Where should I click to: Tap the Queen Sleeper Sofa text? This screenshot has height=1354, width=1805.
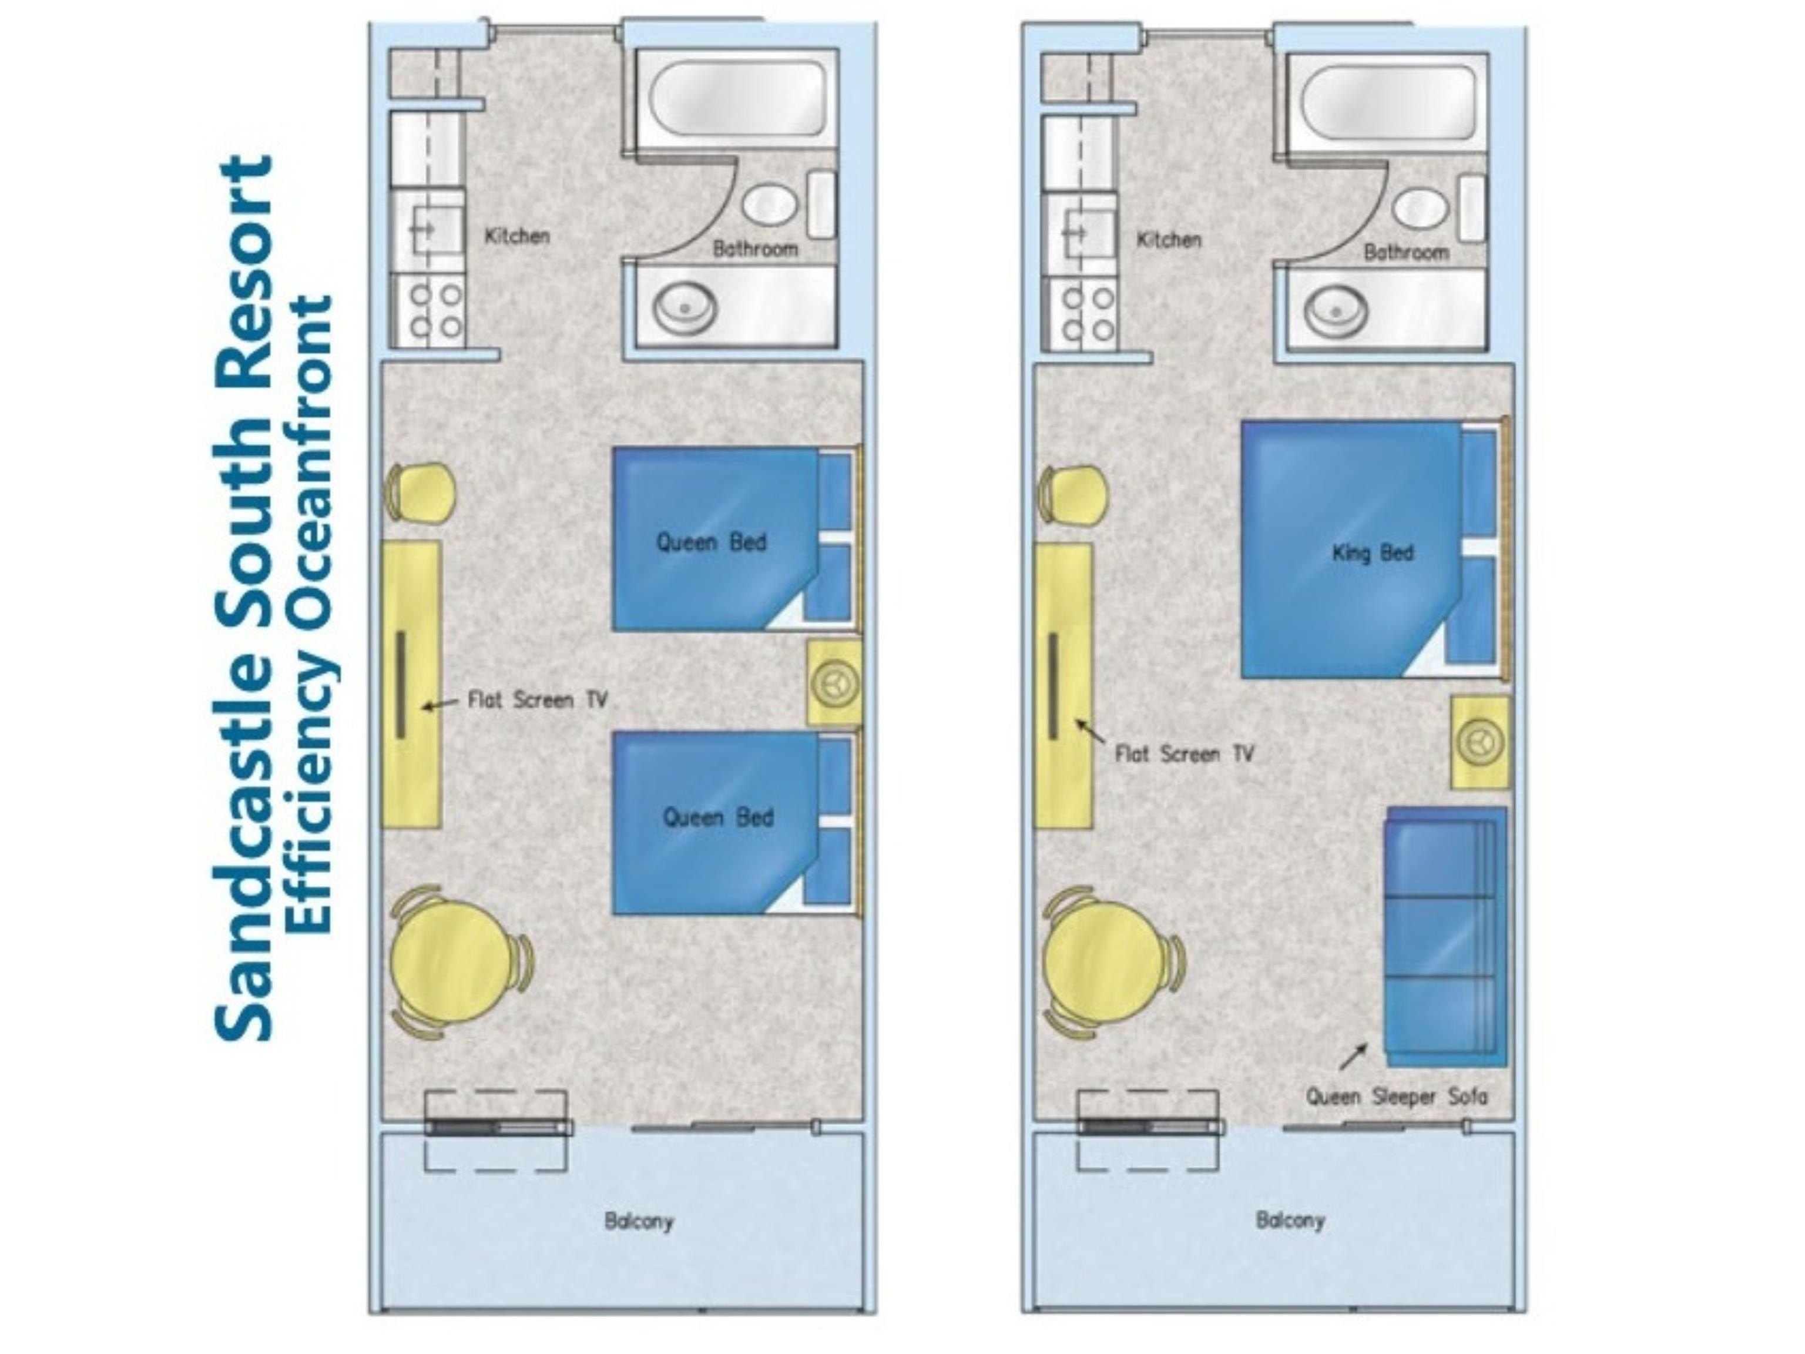pos(1396,1096)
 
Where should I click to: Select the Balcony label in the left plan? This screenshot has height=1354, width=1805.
pos(639,1222)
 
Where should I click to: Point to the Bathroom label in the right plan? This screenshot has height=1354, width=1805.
pos(1406,252)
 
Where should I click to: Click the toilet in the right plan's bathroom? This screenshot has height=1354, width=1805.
pos(1421,207)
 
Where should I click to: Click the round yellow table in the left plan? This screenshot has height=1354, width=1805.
pos(451,961)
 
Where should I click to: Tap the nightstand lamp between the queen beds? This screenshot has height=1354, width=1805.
pos(836,683)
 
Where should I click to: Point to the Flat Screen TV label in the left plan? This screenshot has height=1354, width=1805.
pos(538,699)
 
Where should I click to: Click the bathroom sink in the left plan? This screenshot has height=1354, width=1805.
pos(684,309)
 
